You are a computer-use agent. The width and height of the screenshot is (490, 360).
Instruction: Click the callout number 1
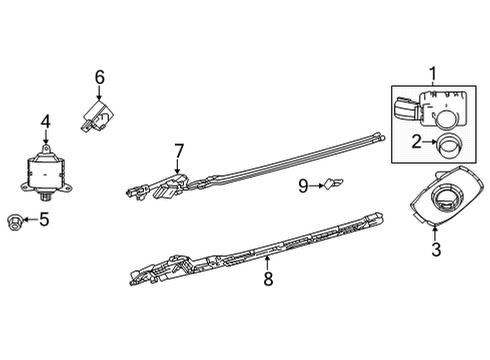[x=433, y=73]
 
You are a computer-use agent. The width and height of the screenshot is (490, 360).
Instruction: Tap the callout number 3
[x=435, y=250]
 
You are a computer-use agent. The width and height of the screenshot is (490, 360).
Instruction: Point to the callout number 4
[x=45, y=123]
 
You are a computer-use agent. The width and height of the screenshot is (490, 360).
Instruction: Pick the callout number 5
[x=43, y=218]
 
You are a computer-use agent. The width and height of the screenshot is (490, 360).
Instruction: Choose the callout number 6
[x=100, y=76]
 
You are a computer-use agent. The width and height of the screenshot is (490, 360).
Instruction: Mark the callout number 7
[x=179, y=150]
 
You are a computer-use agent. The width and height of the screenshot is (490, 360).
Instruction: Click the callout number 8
[x=268, y=279]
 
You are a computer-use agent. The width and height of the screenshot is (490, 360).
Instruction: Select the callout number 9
[x=303, y=184]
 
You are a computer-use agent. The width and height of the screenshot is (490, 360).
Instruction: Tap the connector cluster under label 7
[x=160, y=187]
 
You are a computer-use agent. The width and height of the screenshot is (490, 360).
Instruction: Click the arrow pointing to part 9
[x=316, y=184]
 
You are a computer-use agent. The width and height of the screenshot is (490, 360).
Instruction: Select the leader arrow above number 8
[x=267, y=261]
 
